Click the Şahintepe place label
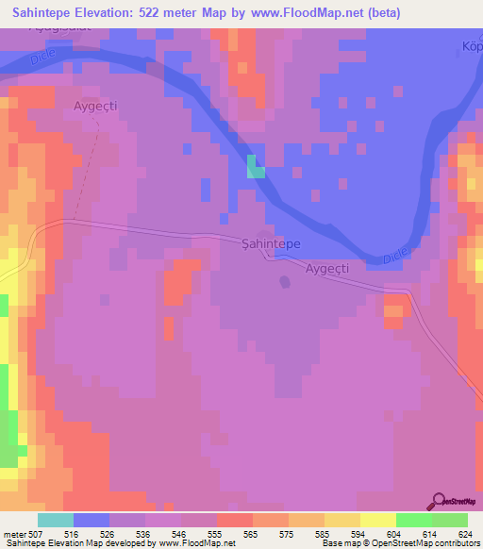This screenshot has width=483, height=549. (x=271, y=243)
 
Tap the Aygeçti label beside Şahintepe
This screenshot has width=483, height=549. (x=327, y=269)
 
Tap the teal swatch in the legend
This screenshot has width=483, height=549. (x=55, y=520)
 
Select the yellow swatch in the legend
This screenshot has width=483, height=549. (x=377, y=520)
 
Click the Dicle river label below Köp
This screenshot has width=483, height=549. (x=395, y=258)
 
